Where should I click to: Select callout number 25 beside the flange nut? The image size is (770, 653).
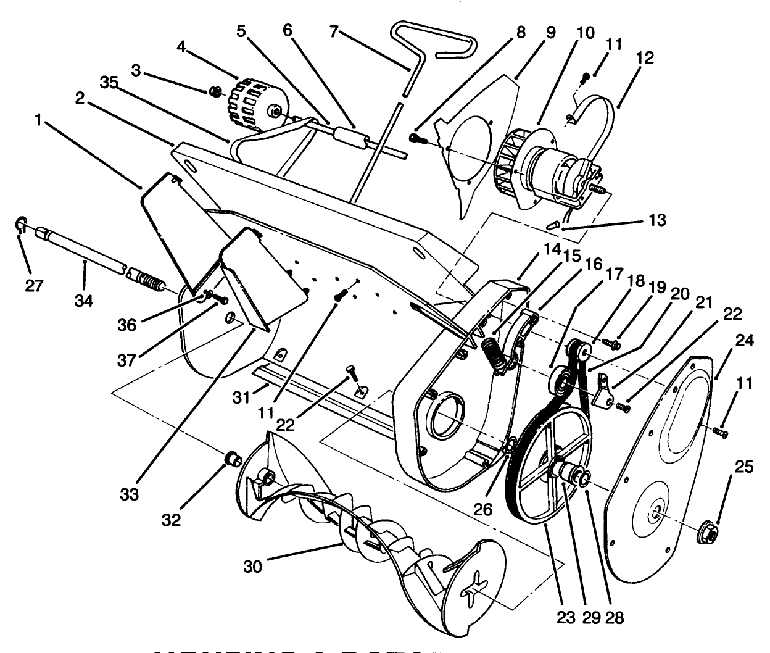tap(745, 468)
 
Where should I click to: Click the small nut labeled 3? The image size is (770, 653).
tap(215, 92)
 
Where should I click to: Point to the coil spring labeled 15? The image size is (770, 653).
tap(495, 351)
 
